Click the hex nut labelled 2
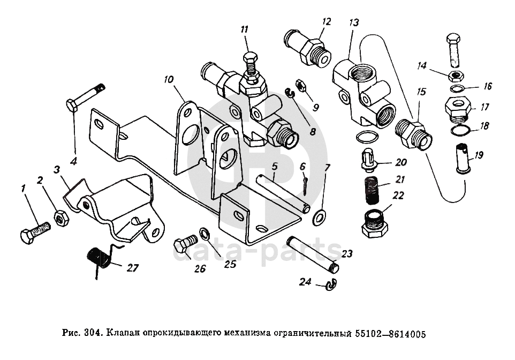click(60, 218)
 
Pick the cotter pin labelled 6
click(305, 185)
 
